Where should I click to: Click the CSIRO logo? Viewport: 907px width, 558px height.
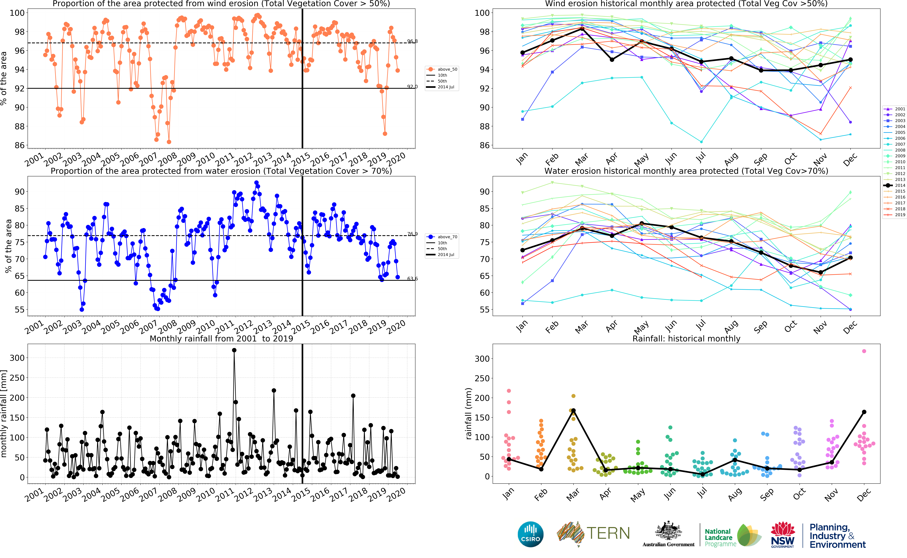pos(531,534)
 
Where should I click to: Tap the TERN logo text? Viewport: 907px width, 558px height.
pos(608,533)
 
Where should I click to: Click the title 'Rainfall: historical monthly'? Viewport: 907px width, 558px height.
pos(686,339)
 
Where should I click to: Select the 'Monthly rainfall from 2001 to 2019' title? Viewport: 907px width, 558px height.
pos(221,339)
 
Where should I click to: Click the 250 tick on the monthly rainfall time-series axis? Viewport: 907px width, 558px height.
pos(17,378)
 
